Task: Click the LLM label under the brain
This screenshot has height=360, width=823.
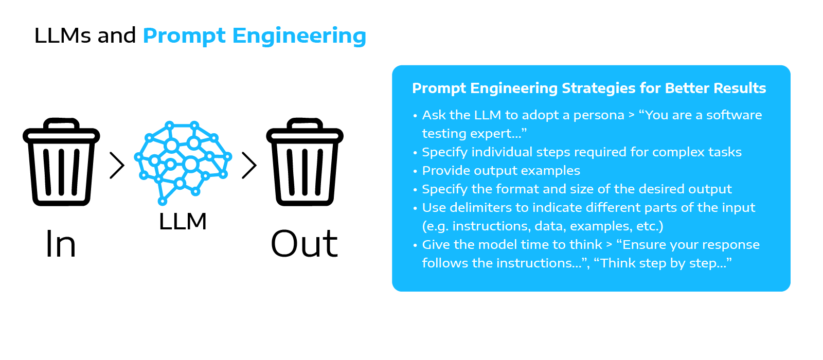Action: [183, 222]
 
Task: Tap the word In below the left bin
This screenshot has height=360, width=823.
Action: [61, 244]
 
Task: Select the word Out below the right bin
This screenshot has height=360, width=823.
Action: [305, 244]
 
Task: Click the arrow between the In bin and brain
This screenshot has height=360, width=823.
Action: [117, 165]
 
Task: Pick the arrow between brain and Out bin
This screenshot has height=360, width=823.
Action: [249, 165]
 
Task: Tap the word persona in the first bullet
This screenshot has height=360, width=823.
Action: [599, 115]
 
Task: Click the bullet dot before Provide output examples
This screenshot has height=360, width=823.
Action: [415, 171]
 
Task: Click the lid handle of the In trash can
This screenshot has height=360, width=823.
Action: [61, 123]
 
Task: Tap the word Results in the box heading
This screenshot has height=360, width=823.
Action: [741, 88]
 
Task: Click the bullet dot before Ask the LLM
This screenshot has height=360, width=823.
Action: [415, 116]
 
